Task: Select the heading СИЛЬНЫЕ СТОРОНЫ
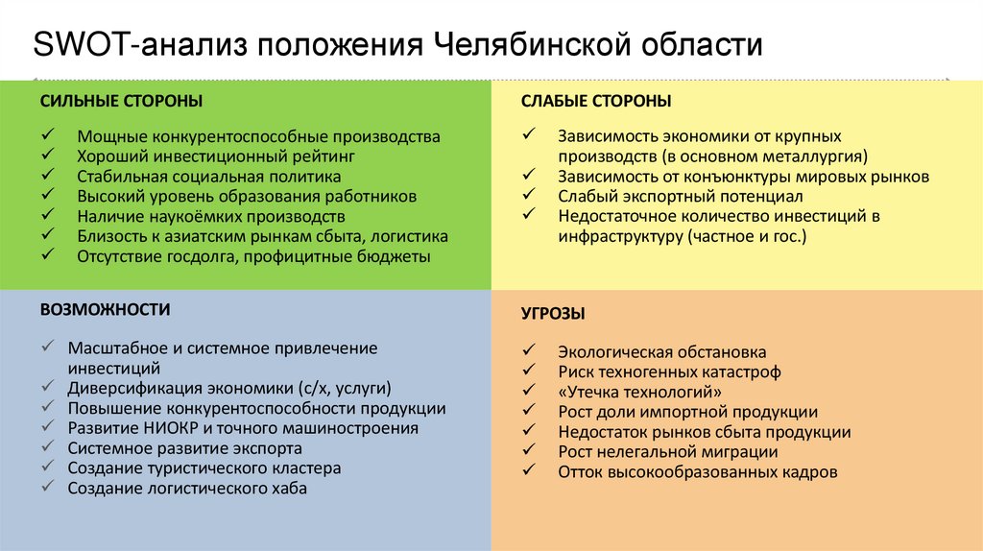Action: click(x=121, y=101)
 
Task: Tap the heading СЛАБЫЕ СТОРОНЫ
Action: click(x=596, y=101)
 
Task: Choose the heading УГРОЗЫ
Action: click(x=553, y=314)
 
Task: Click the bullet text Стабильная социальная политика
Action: click(x=208, y=177)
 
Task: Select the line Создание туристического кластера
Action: click(x=204, y=468)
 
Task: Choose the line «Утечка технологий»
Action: click(x=639, y=392)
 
